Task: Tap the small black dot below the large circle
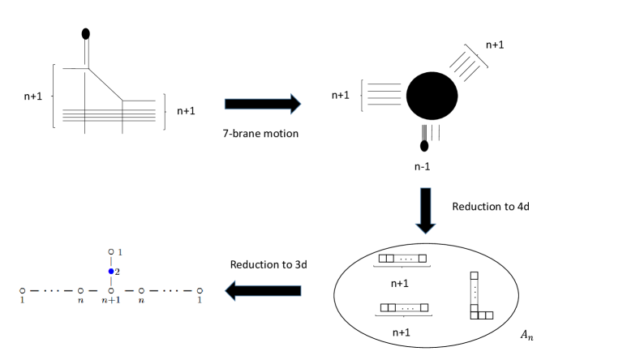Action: (423, 146)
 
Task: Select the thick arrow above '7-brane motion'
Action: (262, 103)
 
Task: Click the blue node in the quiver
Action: (111, 272)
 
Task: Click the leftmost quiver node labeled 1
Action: (22, 289)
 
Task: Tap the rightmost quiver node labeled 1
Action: (200, 289)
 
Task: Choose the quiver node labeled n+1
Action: (111, 289)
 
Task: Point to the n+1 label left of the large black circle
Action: (341, 95)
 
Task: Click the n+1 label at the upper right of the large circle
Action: (496, 46)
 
